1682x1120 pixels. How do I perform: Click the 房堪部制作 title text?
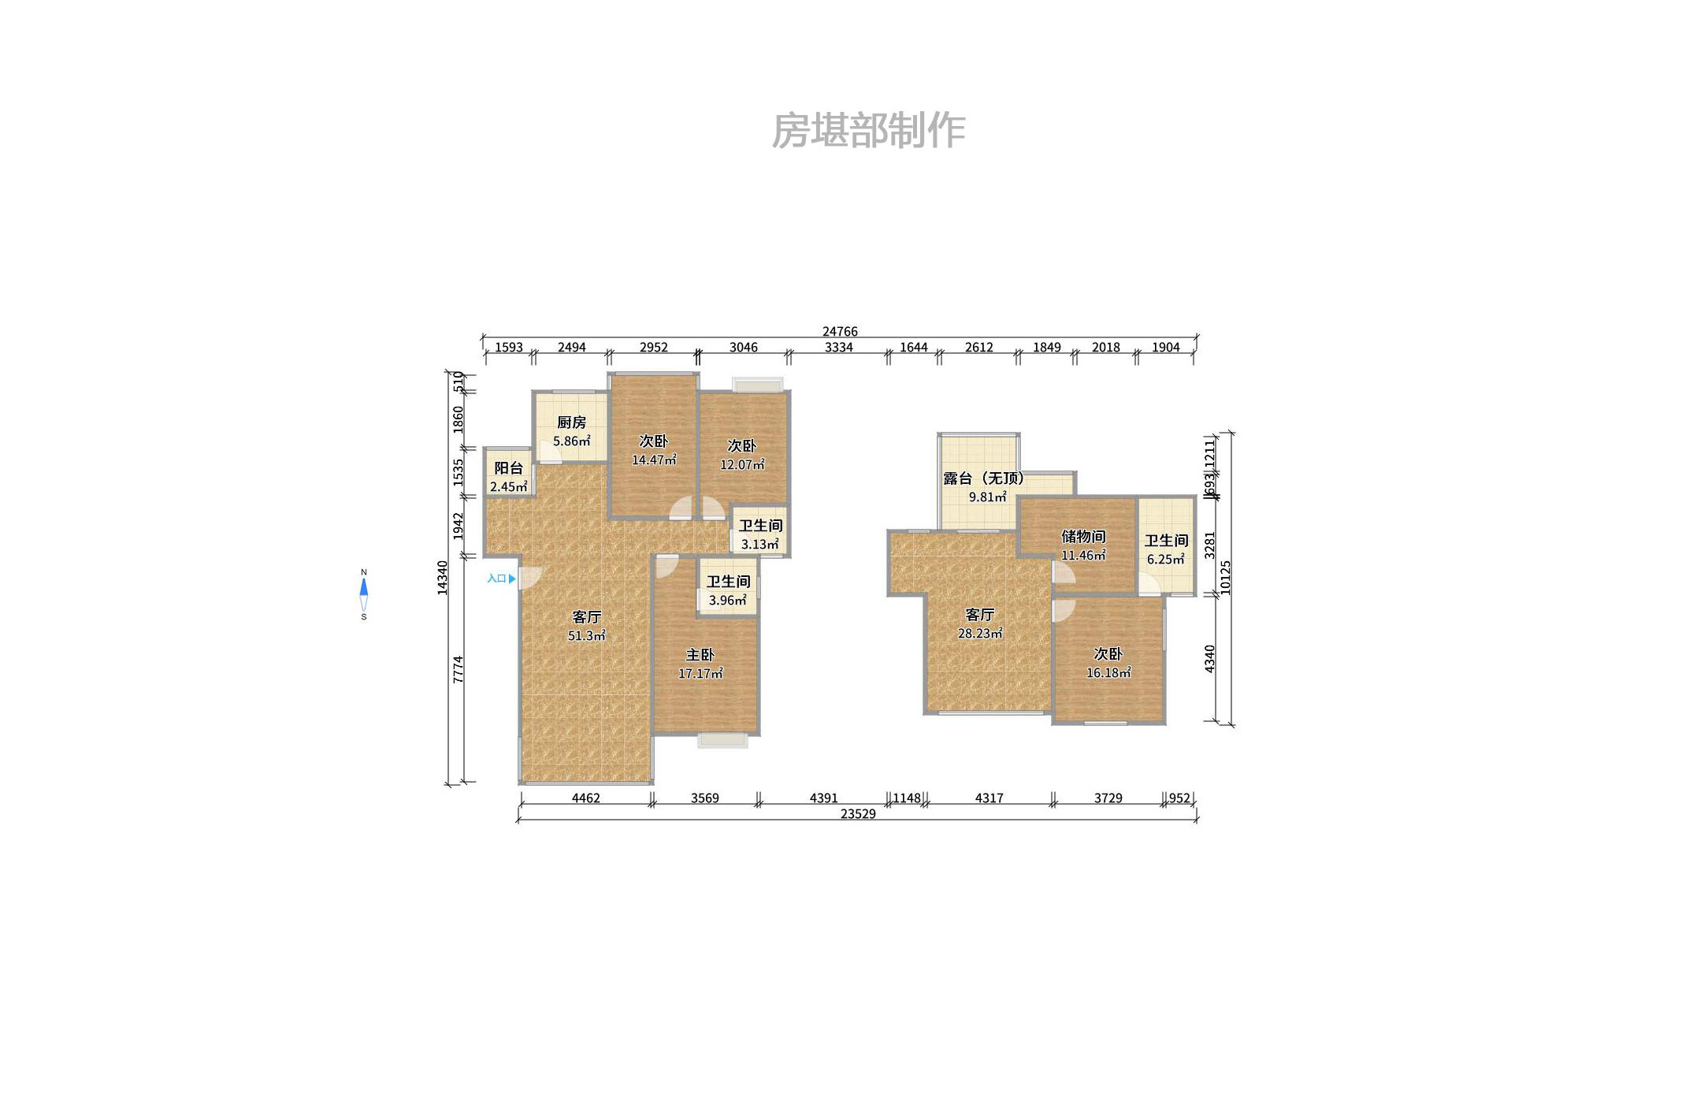pyautogui.click(x=868, y=131)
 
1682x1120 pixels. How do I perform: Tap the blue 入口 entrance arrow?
pyautogui.click(x=512, y=579)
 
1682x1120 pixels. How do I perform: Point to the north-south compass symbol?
pyautogui.click(x=364, y=594)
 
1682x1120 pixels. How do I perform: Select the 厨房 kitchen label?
pyautogui.click(x=571, y=422)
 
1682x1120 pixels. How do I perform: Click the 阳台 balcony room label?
pyautogui.click(x=508, y=468)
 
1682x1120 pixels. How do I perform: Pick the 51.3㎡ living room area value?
pyautogui.click(x=586, y=635)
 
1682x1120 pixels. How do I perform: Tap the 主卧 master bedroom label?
pyautogui.click(x=700, y=655)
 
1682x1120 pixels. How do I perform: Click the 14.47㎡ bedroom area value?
pyautogui.click(x=653, y=460)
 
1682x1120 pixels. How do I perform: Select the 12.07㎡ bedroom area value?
pyautogui.click(x=741, y=464)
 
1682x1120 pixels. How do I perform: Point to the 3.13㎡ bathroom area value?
pyautogui.click(x=759, y=544)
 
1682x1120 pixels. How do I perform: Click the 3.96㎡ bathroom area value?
pyautogui.click(x=727, y=600)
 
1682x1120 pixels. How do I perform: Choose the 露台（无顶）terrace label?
pyautogui.click(x=984, y=478)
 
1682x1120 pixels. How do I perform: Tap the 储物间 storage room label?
pyautogui.click(x=1083, y=537)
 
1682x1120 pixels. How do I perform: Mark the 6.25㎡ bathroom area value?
pyautogui.click(x=1165, y=559)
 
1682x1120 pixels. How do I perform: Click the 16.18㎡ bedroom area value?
pyautogui.click(x=1108, y=672)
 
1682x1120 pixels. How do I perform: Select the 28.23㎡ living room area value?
pyautogui.click(x=980, y=633)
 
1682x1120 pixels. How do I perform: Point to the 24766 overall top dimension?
pyautogui.click(x=840, y=332)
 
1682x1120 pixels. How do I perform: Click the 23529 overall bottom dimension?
pyautogui.click(x=858, y=814)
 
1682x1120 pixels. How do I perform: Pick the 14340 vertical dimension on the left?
pyautogui.click(x=443, y=577)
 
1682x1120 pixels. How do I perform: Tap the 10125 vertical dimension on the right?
pyautogui.click(x=1225, y=577)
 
